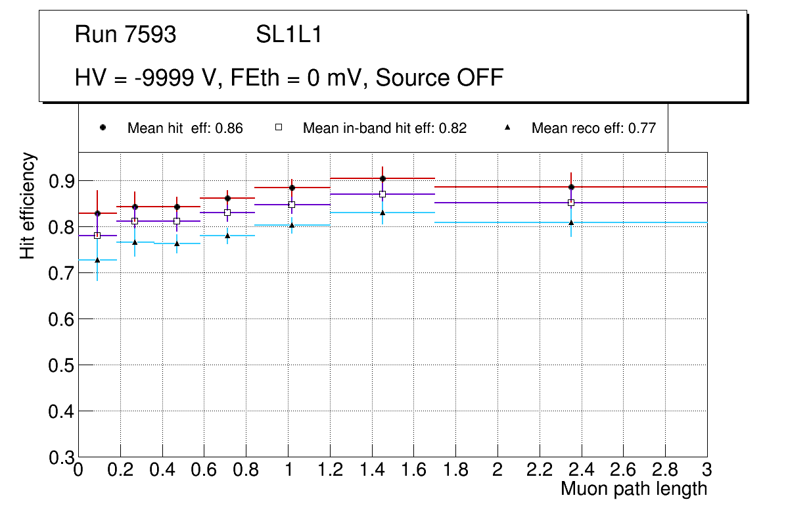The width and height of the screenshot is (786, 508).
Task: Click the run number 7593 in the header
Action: pyautogui.click(x=150, y=35)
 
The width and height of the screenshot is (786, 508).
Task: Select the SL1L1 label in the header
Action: pyautogui.click(x=289, y=35)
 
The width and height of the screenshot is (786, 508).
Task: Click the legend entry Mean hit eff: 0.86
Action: pyautogui.click(x=185, y=128)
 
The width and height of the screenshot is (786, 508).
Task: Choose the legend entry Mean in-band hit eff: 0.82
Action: pyautogui.click(x=384, y=128)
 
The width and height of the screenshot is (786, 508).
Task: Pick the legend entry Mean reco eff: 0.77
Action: pyautogui.click(x=593, y=128)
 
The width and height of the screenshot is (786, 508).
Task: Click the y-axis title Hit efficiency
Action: pyautogui.click(x=28, y=205)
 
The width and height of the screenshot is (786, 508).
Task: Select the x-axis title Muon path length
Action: pyautogui.click(x=634, y=489)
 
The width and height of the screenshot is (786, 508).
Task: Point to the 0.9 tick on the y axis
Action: pyautogui.click(x=62, y=181)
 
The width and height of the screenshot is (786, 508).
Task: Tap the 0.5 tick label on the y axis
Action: pyautogui.click(x=62, y=365)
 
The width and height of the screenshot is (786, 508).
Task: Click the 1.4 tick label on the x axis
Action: pyautogui.click(x=371, y=470)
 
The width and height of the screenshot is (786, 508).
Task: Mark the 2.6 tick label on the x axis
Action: pyautogui.click(x=623, y=470)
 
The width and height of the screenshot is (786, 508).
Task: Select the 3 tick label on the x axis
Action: pyautogui.click(x=707, y=470)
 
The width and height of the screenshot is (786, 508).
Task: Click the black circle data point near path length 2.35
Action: pyautogui.click(x=572, y=188)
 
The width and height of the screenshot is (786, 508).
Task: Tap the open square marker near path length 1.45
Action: pyautogui.click(x=382, y=194)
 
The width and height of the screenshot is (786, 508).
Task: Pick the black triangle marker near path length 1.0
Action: pyautogui.click(x=292, y=225)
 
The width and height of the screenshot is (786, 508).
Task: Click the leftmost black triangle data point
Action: pyautogui.click(x=97, y=260)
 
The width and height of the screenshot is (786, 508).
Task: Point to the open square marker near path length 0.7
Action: pyautogui.click(x=227, y=213)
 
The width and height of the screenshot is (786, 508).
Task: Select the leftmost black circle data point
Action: pyautogui.click(x=97, y=213)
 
